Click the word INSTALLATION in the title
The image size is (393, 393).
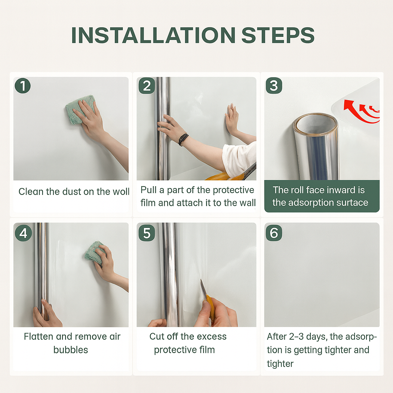[x=154, y=35]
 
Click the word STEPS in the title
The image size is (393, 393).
[x=278, y=35]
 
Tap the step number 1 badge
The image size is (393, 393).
[x=23, y=86]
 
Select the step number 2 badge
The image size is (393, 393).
[x=147, y=86]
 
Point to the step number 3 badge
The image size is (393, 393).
[x=274, y=86]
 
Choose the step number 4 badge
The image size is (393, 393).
[x=23, y=233]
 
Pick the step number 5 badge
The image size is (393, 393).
[x=147, y=233]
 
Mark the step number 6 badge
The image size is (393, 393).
[x=274, y=233]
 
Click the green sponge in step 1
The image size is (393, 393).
[x=80, y=110]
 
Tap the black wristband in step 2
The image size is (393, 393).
[x=183, y=140]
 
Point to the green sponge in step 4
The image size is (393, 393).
[x=95, y=253]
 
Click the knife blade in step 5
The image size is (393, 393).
[x=203, y=288]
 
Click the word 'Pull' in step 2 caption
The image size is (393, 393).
[x=149, y=190]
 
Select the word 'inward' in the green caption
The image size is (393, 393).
[x=338, y=190]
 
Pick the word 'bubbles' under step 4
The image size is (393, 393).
[x=71, y=350]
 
